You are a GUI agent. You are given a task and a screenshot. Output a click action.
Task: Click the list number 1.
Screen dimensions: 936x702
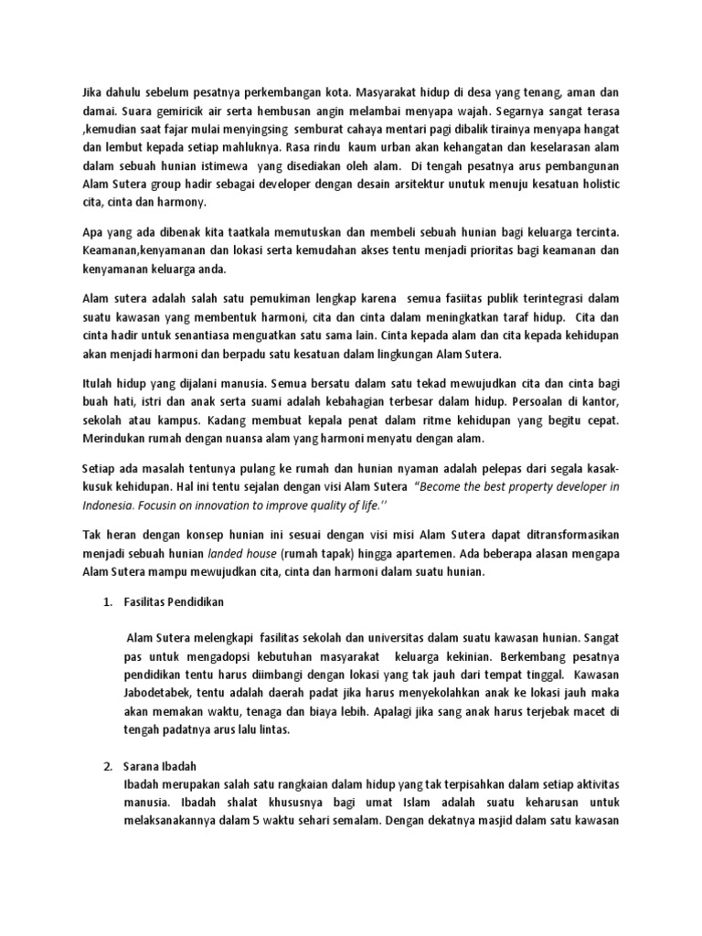click(x=105, y=603)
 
